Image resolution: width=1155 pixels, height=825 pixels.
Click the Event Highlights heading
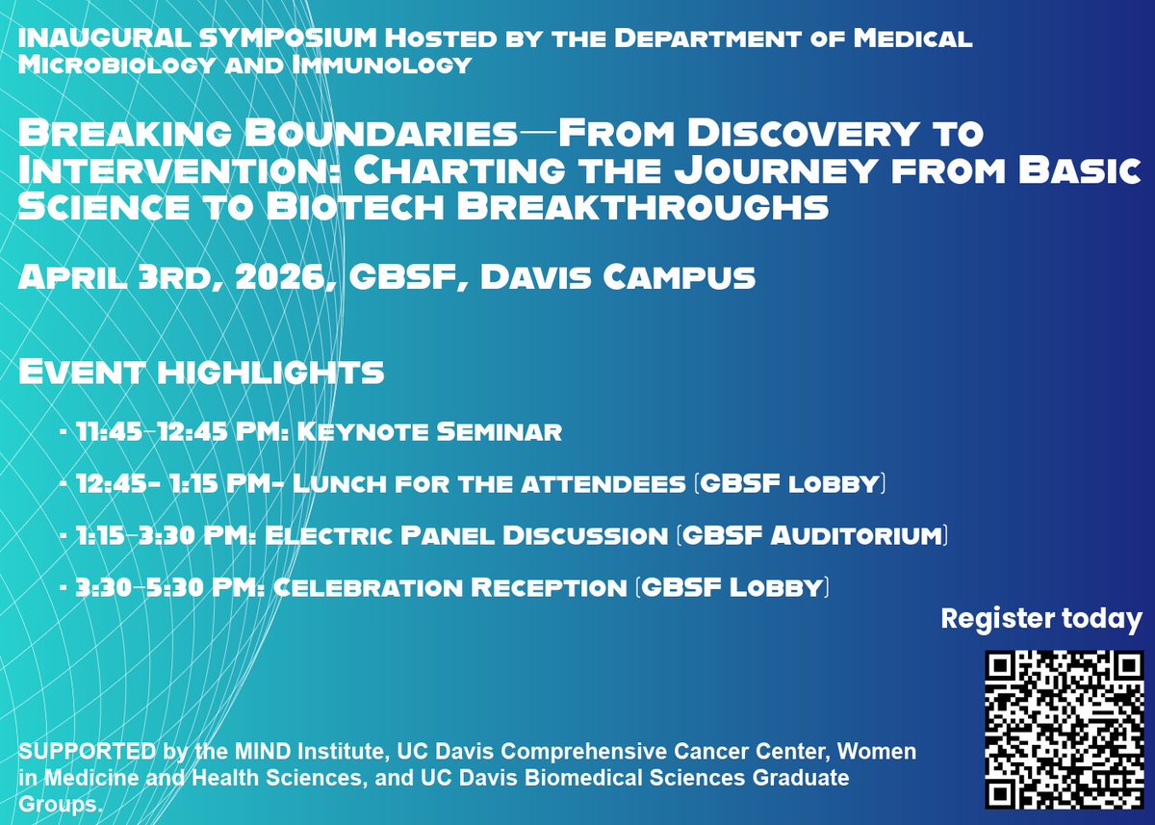pos(201,372)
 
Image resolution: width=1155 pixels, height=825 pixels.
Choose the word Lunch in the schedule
pos(330,483)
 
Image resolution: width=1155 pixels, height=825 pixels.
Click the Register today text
pos(1041,619)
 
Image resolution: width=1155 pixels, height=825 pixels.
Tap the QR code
pos(1064,729)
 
